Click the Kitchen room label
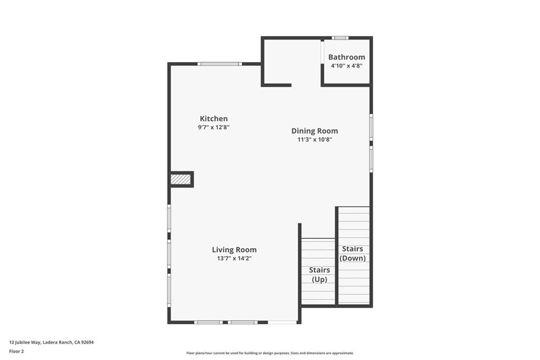[x=214, y=119]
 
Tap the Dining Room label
[x=314, y=131]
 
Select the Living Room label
[x=234, y=249]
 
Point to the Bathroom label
[x=346, y=57]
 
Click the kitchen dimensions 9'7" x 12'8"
[x=214, y=128]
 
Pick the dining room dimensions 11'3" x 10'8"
[x=314, y=140]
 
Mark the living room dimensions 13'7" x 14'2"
[x=234, y=258]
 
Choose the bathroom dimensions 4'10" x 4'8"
[x=346, y=66]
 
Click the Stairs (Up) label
[x=319, y=275]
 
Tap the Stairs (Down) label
[x=352, y=254]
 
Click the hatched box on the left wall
[x=180, y=179]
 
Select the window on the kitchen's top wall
[x=220, y=64]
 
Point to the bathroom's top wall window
[x=340, y=37]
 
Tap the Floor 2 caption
[x=16, y=351]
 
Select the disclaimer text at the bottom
[x=269, y=353]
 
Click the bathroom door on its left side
[x=322, y=52]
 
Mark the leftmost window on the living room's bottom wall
[x=208, y=322]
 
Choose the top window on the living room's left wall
[x=169, y=218]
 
